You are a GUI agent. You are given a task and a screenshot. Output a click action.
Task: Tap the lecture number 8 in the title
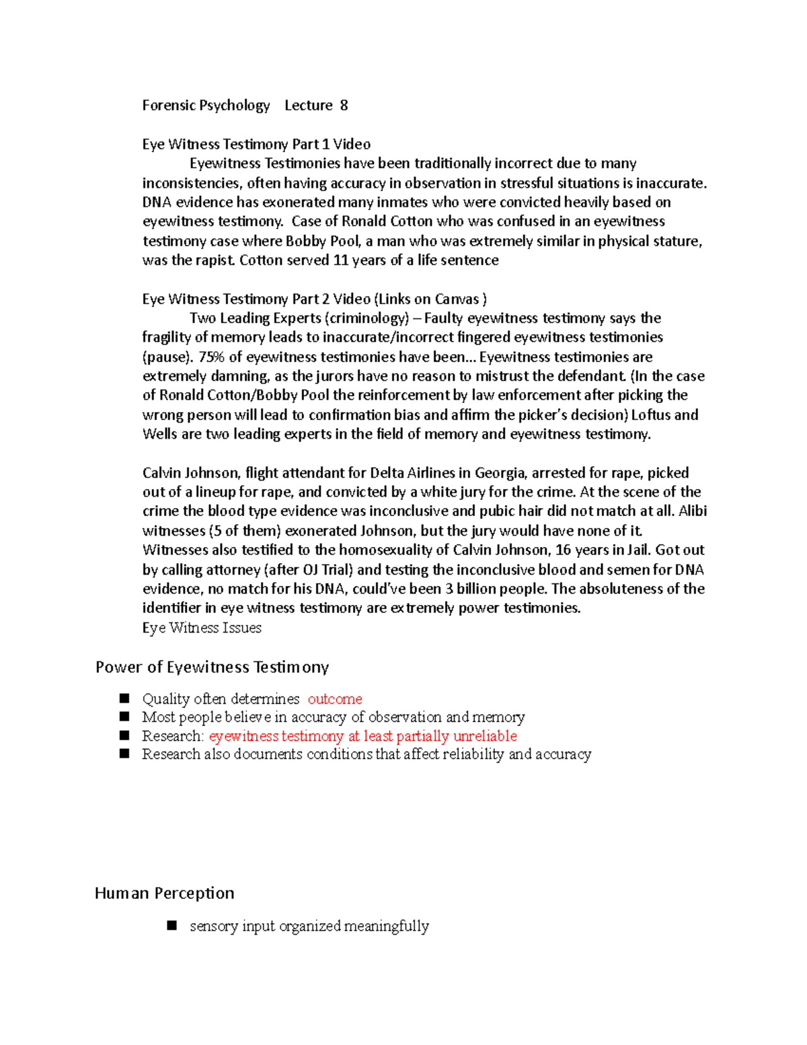(x=344, y=106)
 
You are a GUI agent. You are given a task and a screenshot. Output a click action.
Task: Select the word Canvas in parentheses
(x=457, y=299)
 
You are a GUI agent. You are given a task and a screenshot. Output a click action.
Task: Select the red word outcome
(x=335, y=699)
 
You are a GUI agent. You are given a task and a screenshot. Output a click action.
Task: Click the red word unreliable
(x=485, y=736)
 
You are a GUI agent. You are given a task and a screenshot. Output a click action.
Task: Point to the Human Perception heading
(x=165, y=894)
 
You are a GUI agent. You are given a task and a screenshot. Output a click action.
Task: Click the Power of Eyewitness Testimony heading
(x=212, y=668)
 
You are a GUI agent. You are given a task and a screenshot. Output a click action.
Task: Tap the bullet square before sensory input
(x=172, y=926)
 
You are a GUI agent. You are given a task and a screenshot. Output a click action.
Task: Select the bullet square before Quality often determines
(x=124, y=698)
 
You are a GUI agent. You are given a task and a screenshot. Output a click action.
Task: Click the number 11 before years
(x=340, y=260)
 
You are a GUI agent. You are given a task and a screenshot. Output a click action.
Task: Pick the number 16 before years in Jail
(x=563, y=550)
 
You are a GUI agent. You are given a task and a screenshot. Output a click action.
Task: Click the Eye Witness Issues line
(x=202, y=628)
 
